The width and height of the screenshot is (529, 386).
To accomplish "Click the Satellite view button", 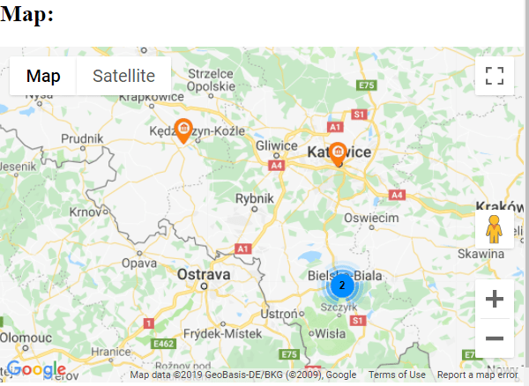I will tap(123, 76).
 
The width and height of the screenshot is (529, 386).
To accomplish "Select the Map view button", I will tap(43, 76).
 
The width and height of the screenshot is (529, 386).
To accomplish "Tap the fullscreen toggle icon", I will tap(495, 75).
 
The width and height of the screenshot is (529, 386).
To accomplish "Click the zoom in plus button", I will tap(495, 299).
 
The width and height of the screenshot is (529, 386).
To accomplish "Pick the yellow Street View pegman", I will tap(495, 229).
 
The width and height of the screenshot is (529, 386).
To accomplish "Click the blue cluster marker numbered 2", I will tap(341, 285).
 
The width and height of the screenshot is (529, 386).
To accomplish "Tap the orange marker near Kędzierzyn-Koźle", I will tap(183, 130).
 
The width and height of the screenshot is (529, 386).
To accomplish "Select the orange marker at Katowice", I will tap(337, 153).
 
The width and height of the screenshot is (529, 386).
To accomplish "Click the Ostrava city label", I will tap(204, 275).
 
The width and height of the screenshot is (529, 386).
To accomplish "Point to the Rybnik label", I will tap(257, 199).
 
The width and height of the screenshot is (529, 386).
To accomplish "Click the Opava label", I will tap(139, 263).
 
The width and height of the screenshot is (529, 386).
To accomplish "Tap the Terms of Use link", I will tap(397, 375).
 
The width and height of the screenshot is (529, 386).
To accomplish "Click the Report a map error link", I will tap(477, 375).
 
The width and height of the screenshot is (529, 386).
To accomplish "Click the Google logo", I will tap(36, 369).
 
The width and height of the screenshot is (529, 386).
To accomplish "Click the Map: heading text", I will tap(27, 14).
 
